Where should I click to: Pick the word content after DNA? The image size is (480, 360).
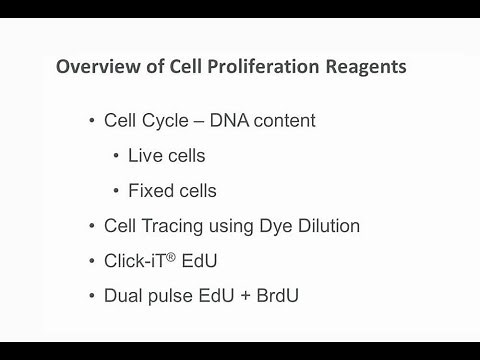tap(284, 121)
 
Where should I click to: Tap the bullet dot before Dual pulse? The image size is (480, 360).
tap(92, 297)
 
